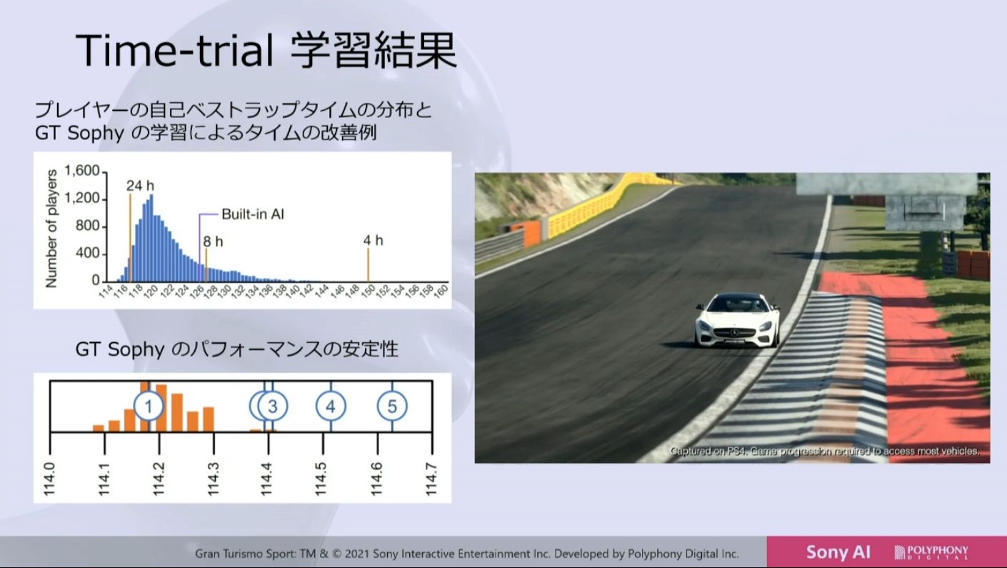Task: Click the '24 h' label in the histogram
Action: pos(140,186)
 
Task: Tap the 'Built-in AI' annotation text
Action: pos(253,214)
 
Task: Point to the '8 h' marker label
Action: pos(213,242)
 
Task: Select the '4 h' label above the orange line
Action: pos(373,241)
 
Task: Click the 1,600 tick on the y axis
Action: pos(82,171)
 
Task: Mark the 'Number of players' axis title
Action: pos(51,229)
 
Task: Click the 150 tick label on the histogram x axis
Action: pos(369,291)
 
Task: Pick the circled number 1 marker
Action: pos(149,406)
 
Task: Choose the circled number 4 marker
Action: pos(331,406)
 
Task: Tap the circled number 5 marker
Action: pos(392,406)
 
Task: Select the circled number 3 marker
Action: pos(272,406)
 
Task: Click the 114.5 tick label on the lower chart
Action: pos(321,479)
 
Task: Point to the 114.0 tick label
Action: pos(49,479)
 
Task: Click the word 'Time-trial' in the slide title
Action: pos(174,49)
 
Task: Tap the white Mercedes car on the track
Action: pos(737,320)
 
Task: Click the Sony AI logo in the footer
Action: pos(838,552)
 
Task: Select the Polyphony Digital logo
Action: pos(931,552)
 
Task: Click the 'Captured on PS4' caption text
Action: pos(824,451)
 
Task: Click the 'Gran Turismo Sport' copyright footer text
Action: pos(466,554)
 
